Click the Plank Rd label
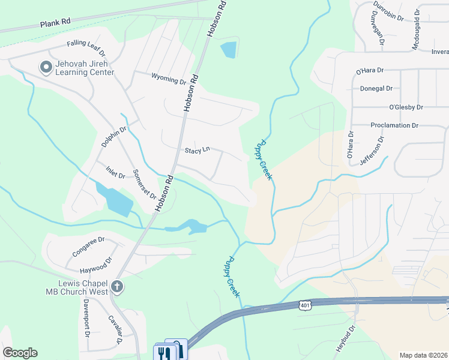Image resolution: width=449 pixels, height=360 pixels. click(x=55, y=22)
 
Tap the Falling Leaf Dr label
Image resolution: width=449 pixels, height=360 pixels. click(x=86, y=44)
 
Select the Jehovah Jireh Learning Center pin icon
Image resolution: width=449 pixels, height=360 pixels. click(x=45, y=67)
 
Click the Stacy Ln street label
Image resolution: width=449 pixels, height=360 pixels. click(x=197, y=149)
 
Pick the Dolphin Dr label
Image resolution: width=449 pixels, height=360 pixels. click(x=114, y=137)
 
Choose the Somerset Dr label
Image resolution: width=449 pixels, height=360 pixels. click(x=145, y=184)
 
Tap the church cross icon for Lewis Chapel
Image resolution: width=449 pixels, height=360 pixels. click(x=117, y=287)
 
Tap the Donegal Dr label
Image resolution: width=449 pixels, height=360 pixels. click(x=376, y=88)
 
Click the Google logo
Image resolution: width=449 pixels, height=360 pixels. click(x=20, y=353)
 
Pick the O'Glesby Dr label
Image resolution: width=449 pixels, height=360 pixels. click(x=406, y=107)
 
